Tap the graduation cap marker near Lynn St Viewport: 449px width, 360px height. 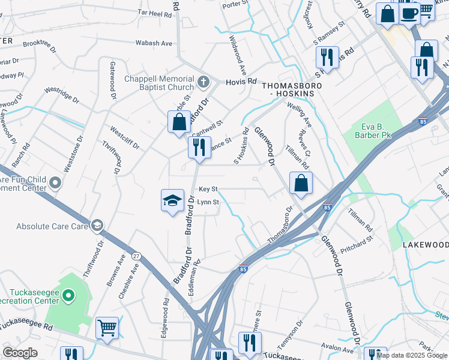tap(172, 200)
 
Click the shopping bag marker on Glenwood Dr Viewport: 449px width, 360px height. tap(301, 184)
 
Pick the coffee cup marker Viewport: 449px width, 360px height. tap(409, 13)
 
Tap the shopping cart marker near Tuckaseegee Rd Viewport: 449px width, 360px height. tap(107, 328)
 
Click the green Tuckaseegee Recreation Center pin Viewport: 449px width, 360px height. tap(68, 295)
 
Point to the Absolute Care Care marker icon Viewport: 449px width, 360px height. tap(96, 226)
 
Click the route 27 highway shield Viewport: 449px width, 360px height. tap(136, 256)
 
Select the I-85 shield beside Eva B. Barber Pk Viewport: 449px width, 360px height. tap(423, 121)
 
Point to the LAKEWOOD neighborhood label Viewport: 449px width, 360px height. tap(425, 245)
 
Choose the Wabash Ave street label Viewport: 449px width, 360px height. tap(154, 43)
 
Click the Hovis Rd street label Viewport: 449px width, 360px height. tap(241, 82)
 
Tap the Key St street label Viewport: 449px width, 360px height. tap(208, 189)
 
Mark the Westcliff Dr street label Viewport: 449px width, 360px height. tap(124, 137)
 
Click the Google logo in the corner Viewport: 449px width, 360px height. tap(20, 352)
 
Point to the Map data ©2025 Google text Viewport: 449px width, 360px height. tap(412, 355)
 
